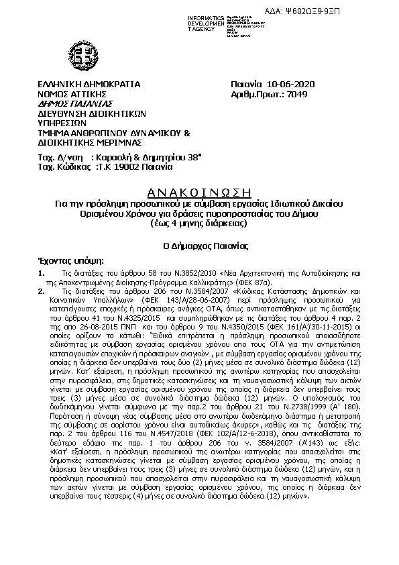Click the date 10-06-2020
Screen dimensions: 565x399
point(290,85)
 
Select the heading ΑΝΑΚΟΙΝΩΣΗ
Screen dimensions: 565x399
point(198,190)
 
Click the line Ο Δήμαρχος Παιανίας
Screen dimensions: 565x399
point(198,246)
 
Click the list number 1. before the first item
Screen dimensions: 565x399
point(42,272)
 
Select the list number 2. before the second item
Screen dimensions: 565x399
point(42,292)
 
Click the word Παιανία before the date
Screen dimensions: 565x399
point(246,85)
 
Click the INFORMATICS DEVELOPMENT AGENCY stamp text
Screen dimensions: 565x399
point(208,21)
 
